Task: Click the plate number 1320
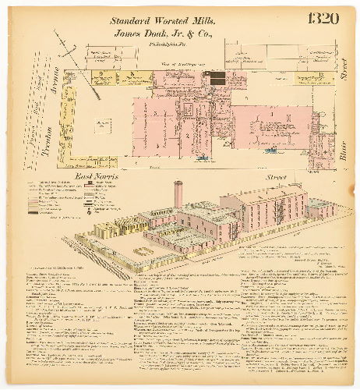(x=322, y=18)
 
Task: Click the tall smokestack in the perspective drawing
(x=178, y=194)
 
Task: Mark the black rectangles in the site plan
(x=216, y=77)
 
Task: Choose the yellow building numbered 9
(x=103, y=76)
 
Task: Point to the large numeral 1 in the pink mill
(x=270, y=115)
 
